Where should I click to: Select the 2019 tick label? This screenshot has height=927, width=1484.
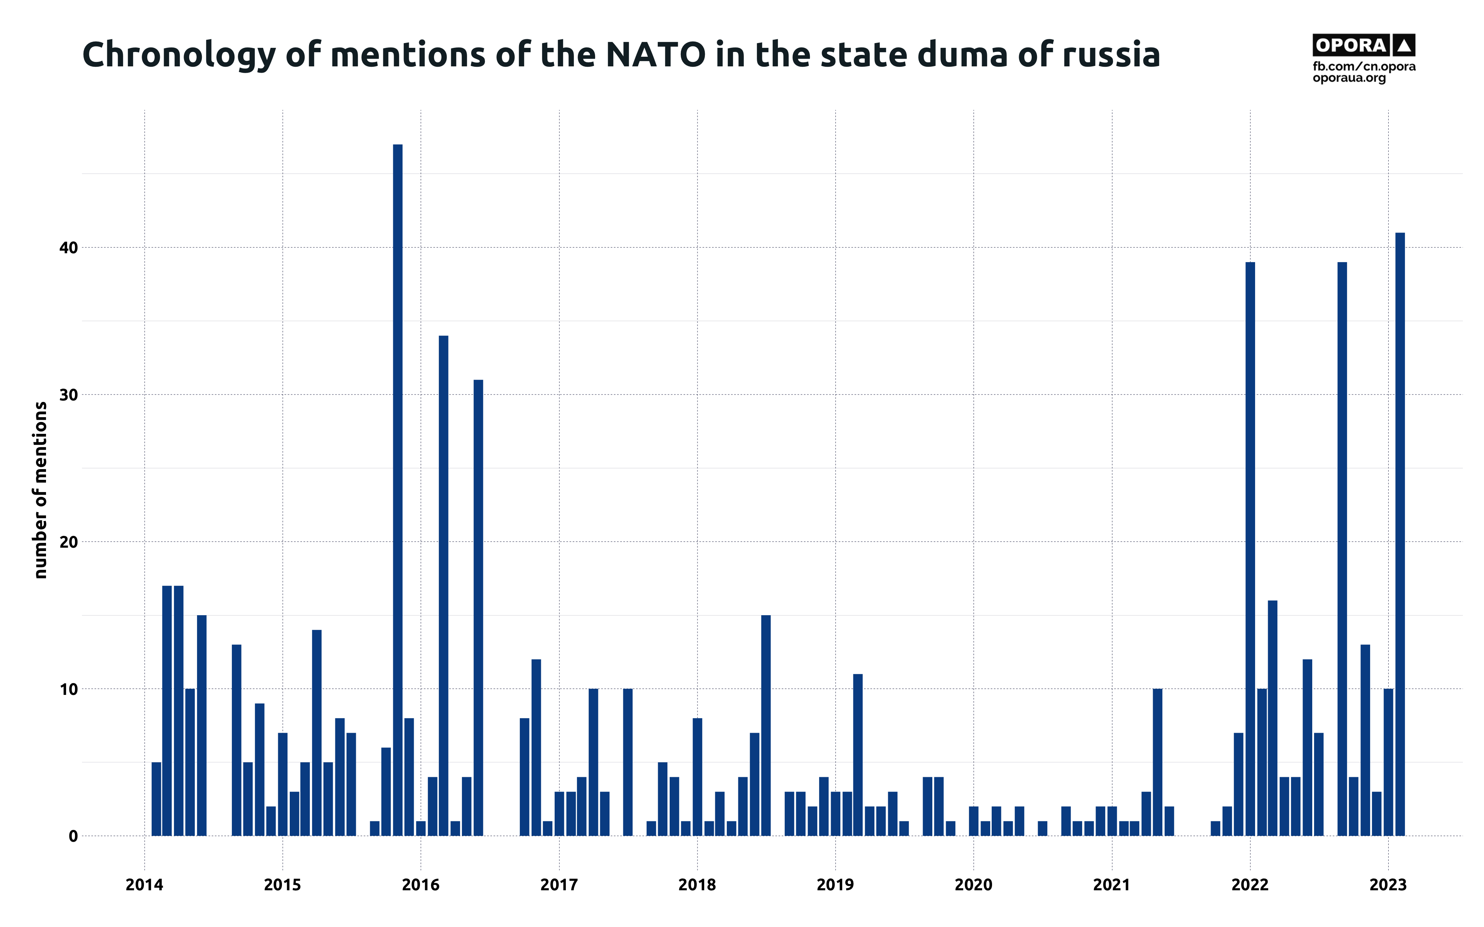coord(835,885)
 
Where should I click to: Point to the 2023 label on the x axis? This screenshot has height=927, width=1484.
coord(1388,885)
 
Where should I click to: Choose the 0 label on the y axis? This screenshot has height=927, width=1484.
coord(73,836)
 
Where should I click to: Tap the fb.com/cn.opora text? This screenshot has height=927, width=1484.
coord(1364,66)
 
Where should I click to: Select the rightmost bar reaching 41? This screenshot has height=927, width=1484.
coord(1400,533)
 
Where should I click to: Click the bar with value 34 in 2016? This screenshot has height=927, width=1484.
coord(443,585)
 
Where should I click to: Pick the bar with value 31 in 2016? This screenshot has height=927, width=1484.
coord(478,607)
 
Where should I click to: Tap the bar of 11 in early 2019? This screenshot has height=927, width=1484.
coord(858,754)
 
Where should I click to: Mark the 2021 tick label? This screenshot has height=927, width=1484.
coord(1112,885)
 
